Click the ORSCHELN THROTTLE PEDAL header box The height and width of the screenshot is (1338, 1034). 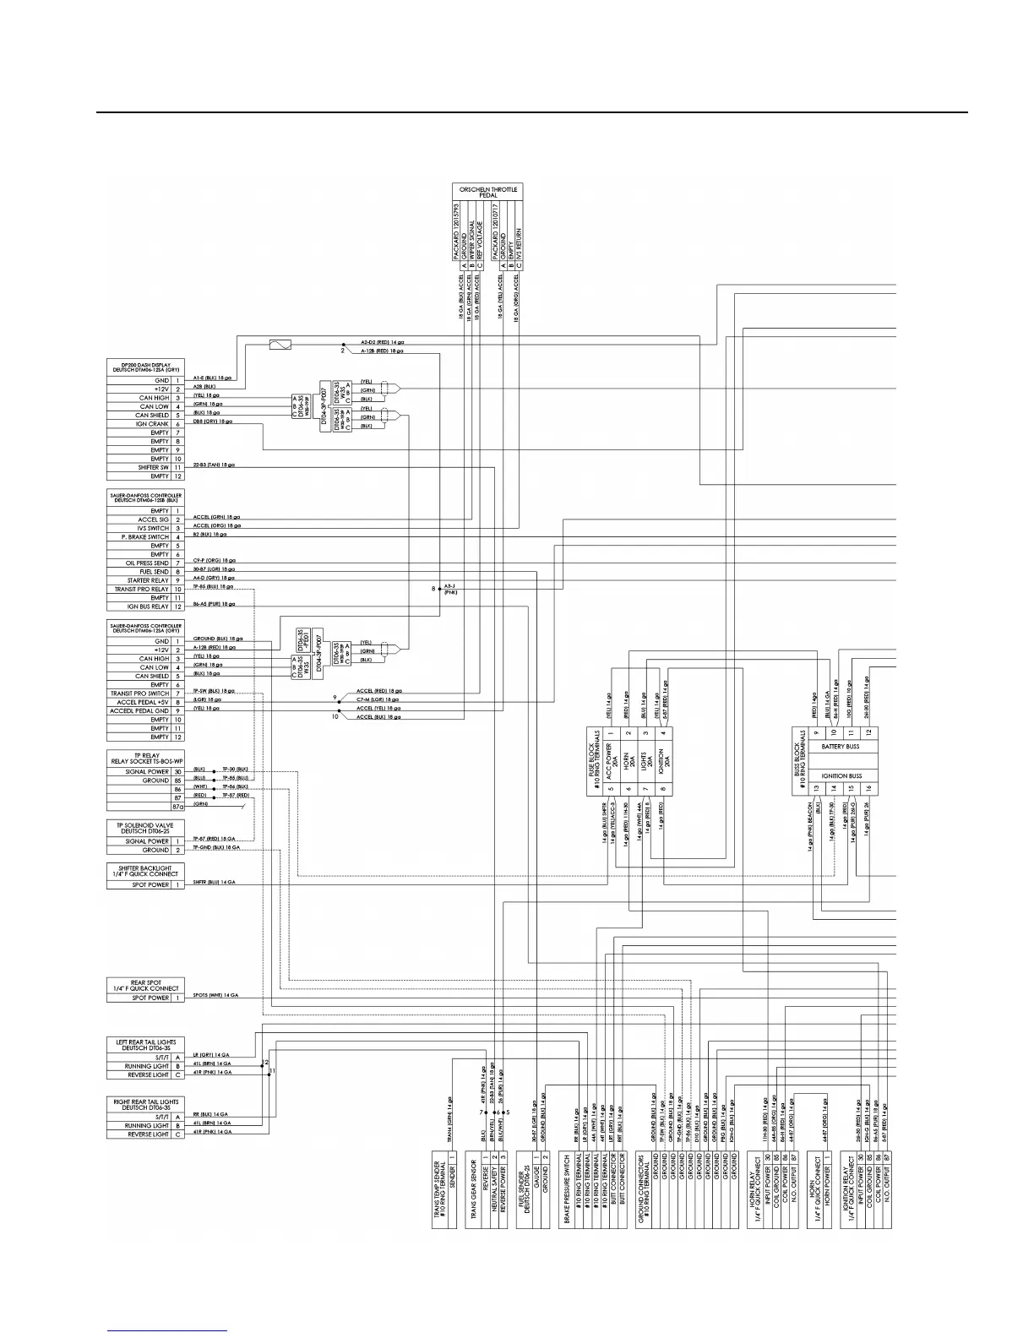point(487,192)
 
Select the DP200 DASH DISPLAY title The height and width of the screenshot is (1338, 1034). point(144,367)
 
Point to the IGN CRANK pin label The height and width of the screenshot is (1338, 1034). point(153,424)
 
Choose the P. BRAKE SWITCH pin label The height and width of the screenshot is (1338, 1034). point(145,537)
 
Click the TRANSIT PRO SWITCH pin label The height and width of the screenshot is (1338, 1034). point(140,693)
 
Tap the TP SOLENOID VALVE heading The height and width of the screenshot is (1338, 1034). point(144,827)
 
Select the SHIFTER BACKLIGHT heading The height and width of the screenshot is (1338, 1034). point(144,871)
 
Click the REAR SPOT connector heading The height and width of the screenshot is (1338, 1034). point(144,985)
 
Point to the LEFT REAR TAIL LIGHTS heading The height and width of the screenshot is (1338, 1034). point(144,1046)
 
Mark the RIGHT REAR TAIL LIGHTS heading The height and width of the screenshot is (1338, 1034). point(144,1105)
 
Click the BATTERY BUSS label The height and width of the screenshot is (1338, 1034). point(841,747)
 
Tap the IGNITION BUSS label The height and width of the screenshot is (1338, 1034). point(841,775)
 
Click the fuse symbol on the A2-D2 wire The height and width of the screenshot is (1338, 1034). point(280,344)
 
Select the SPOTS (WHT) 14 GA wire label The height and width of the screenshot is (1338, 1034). point(215,997)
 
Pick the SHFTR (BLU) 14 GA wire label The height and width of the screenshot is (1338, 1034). point(215,882)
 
